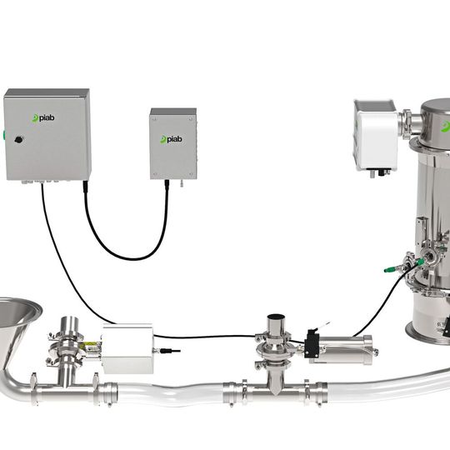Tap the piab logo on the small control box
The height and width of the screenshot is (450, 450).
[x=171, y=138]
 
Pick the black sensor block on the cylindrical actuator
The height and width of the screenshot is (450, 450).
[x=312, y=345]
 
